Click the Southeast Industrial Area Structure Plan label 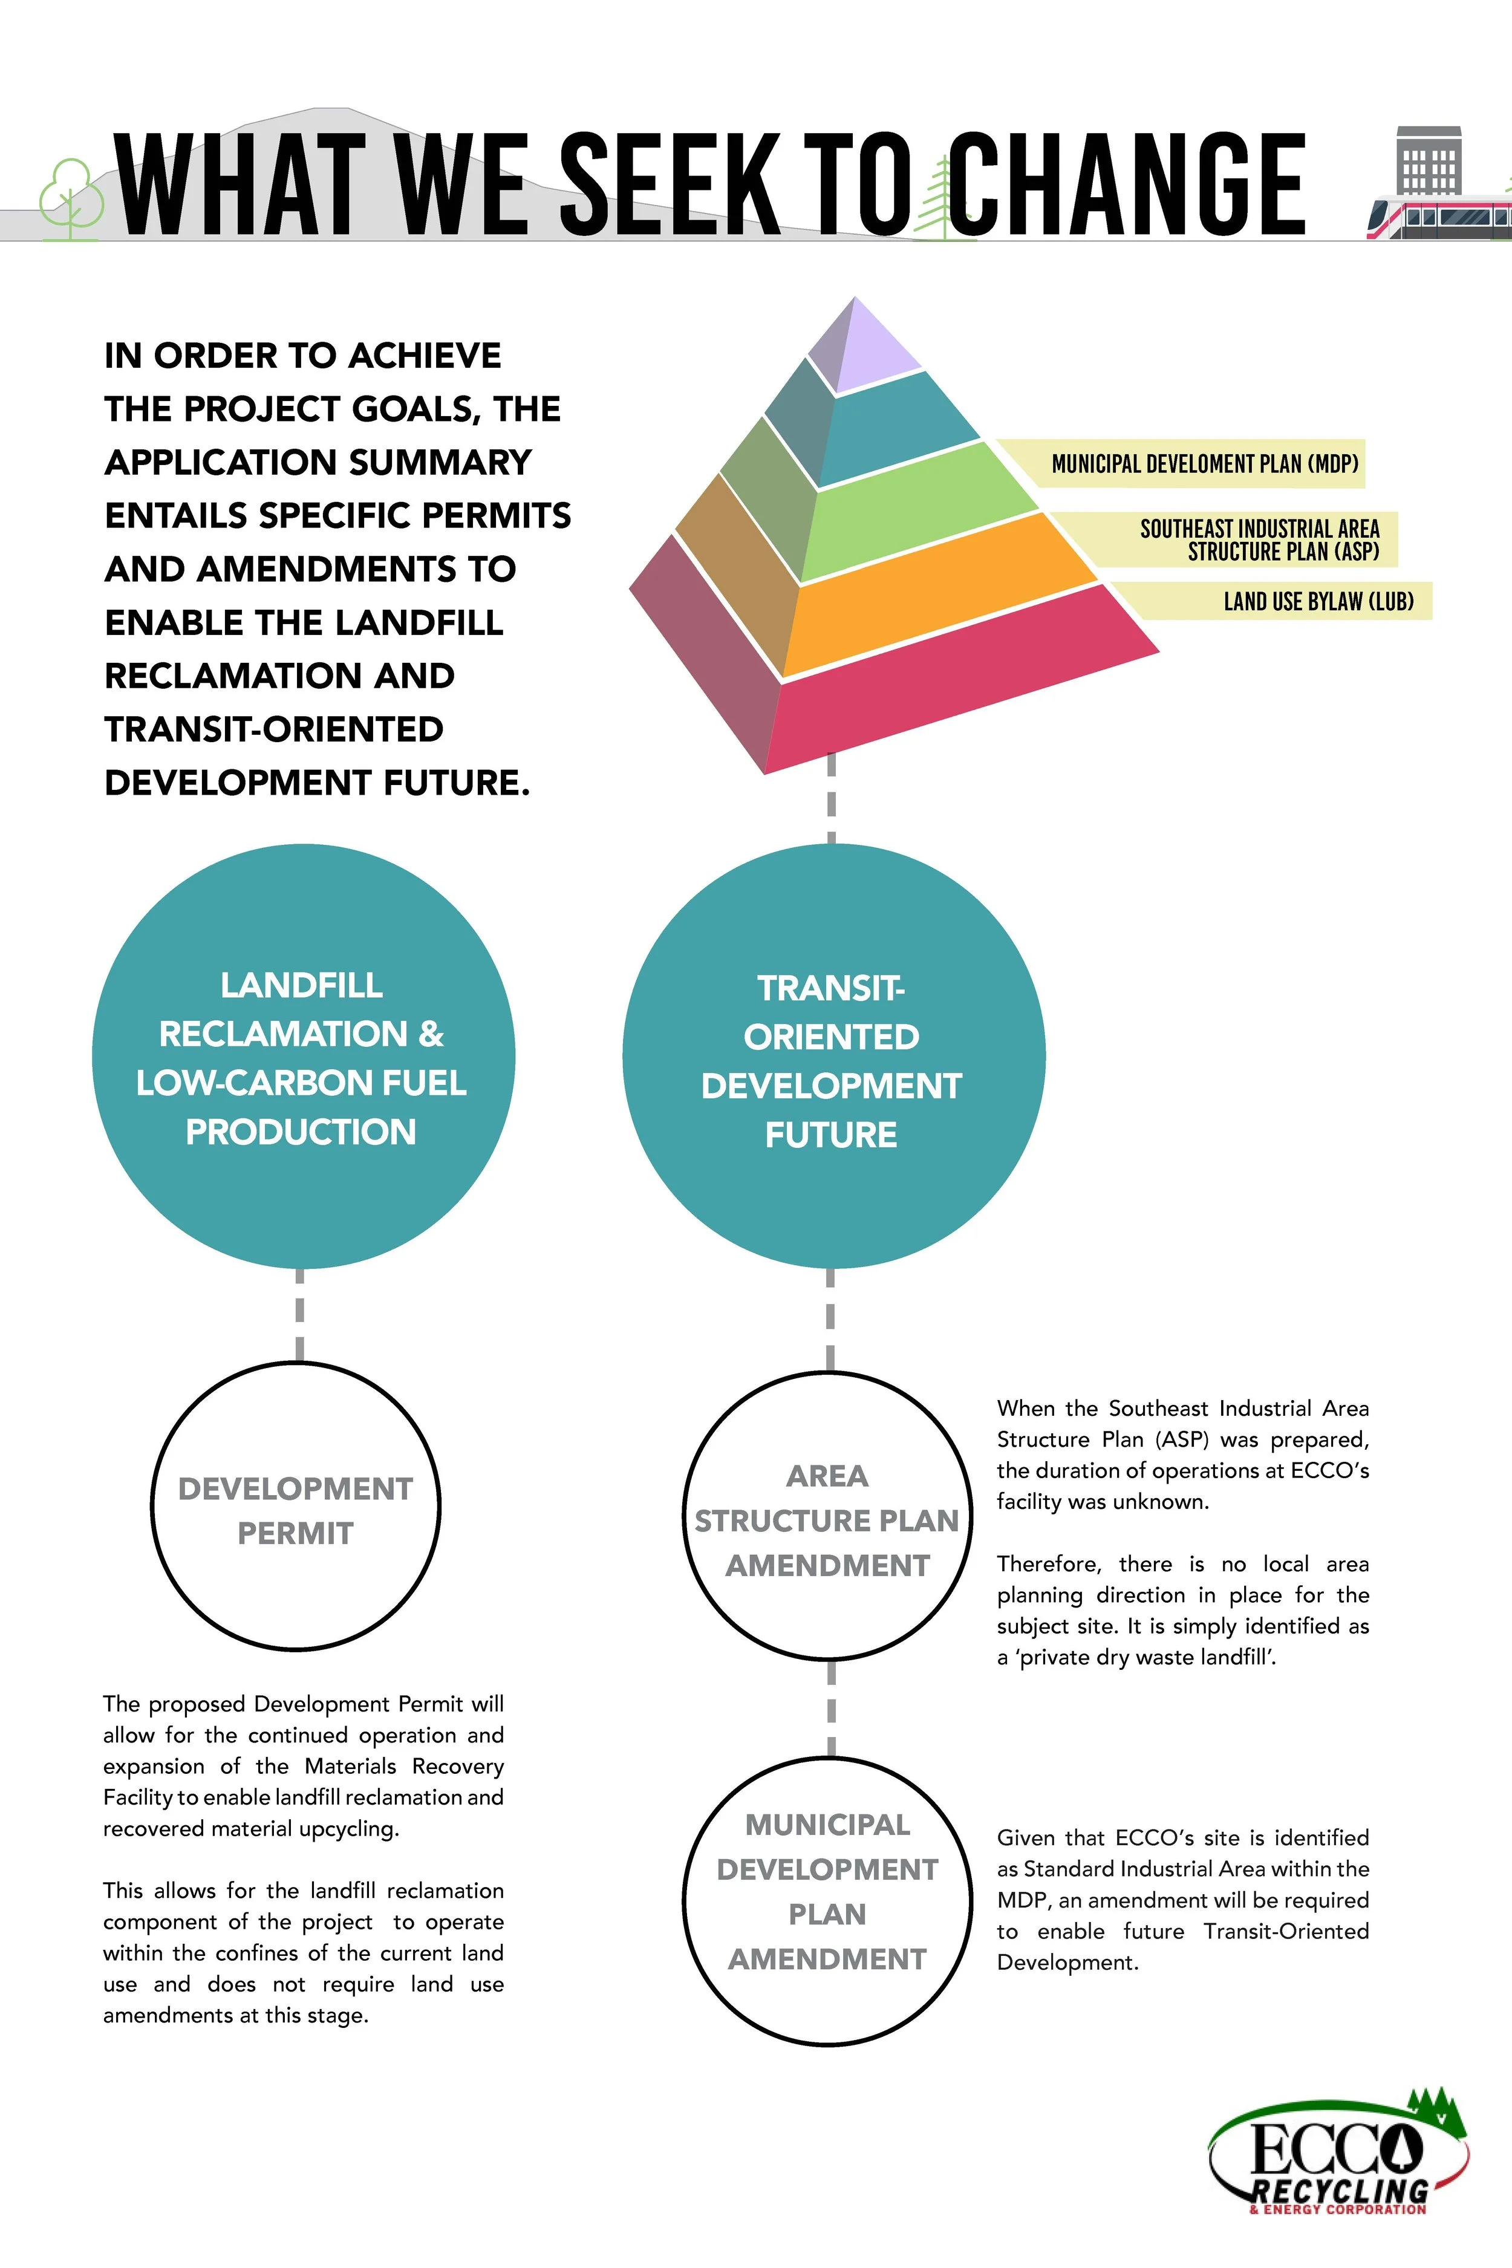[x=1259, y=540]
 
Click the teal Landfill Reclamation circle [x=303, y=1058]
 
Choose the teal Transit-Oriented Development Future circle [x=832, y=1061]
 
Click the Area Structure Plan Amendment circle [x=827, y=1520]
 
